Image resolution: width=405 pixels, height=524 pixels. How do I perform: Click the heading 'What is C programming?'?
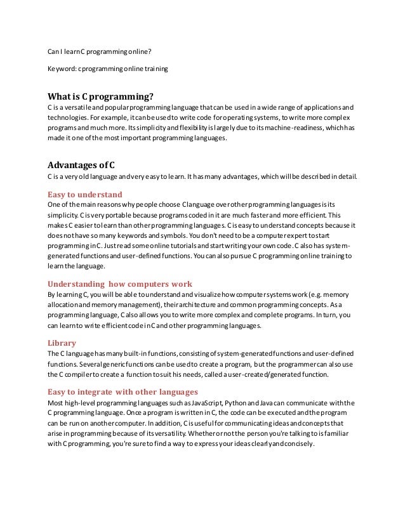tap(101, 96)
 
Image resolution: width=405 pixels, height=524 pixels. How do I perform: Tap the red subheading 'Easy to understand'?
tap(85, 194)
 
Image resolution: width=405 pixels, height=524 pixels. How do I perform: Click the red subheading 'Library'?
tap(62, 343)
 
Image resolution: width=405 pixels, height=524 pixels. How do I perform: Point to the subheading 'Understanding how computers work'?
tap(120, 284)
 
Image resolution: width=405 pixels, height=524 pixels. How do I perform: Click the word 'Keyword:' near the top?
tap(62, 67)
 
